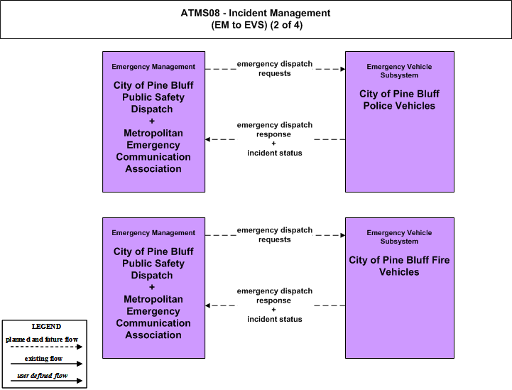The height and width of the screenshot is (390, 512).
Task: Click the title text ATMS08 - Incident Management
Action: tap(256, 13)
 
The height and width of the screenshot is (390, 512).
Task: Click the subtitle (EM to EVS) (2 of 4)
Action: tap(257, 25)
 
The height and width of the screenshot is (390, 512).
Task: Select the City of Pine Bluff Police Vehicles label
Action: tap(399, 99)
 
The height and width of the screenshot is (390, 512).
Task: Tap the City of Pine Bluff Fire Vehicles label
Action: tap(399, 266)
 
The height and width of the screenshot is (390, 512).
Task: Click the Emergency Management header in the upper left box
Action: tap(153, 67)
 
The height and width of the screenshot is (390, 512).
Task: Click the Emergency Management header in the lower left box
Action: tap(153, 233)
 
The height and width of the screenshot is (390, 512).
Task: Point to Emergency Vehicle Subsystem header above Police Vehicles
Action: tap(399, 71)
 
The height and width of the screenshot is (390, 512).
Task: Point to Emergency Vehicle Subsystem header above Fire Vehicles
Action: tap(399, 237)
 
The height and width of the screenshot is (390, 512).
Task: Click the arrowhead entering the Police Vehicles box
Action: tap(343, 69)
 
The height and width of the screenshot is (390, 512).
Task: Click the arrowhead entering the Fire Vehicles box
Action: tap(343, 236)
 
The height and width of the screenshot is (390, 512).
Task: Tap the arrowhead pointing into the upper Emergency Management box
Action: tap(207, 139)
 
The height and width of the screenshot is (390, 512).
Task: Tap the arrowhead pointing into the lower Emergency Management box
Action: tap(207, 305)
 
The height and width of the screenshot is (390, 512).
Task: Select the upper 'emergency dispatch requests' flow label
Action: tap(275, 69)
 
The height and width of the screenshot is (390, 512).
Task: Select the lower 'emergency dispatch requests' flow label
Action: tap(275, 235)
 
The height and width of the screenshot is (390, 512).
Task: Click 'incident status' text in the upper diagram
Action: tap(275, 153)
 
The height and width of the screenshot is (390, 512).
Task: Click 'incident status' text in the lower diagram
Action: tap(275, 319)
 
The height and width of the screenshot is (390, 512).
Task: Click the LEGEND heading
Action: tap(46, 327)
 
